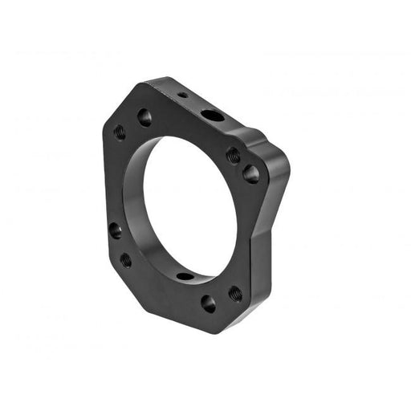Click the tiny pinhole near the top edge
[x=183, y=95]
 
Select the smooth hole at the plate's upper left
[x=144, y=117]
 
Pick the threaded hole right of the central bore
[x=233, y=154]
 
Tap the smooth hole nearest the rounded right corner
[x=251, y=173]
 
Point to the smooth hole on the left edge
[x=116, y=230]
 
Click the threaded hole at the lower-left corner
[x=126, y=259]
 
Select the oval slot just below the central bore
[x=185, y=276]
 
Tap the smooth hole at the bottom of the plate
[x=208, y=303]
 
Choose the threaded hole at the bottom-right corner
[x=234, y=294]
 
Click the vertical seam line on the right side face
[x=255, y=265]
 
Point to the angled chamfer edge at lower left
[x=120, y=281]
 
